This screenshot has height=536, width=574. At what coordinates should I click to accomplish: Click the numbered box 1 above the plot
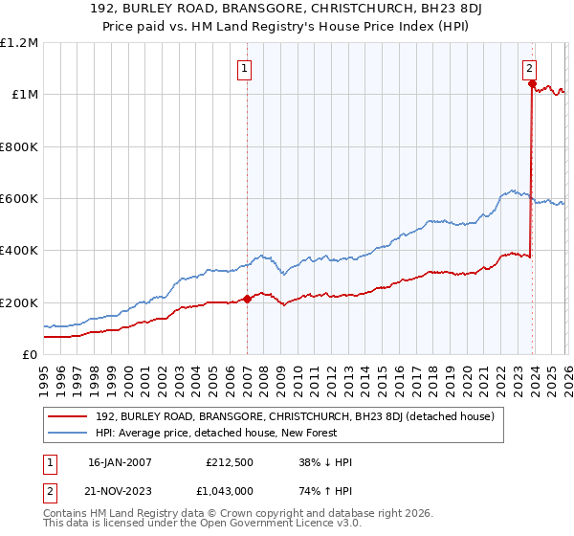246,68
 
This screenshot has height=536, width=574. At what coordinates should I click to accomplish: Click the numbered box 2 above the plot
529,68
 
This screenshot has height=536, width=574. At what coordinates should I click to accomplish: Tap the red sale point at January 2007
247,299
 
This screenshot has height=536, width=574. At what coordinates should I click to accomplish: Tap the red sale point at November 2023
531,83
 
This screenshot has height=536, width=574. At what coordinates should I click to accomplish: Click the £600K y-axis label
19,199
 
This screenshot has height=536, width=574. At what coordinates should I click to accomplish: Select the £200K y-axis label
19,302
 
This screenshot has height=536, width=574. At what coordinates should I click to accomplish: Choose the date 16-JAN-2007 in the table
120,462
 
